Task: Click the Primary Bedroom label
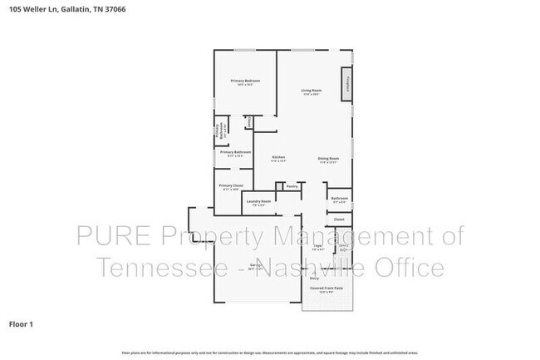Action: click(x=245, y=81)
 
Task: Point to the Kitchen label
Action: click(x=279, y=158)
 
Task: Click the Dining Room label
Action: click(x=328, y=158)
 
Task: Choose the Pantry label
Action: click(x=292, y=186)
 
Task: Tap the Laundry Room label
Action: click(x=254, y=202)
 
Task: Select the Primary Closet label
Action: click(x=230, y=186)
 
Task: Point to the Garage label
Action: click(x=256, y=268)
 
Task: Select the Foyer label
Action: click(x=317, y=246)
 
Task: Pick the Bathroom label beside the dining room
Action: click(x=339, y=199)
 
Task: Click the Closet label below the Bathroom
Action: click(x=339, y=219)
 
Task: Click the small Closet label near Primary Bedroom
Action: click(x=249, y=121)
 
